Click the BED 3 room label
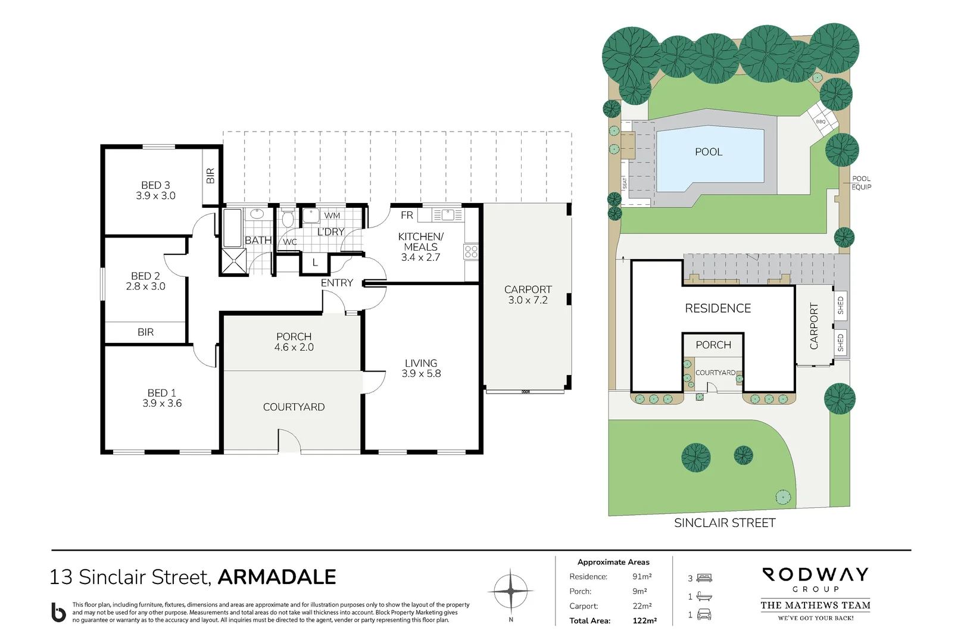(x=155, y=185)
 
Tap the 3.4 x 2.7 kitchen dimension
(x=420, y=258)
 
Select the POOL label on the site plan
(x=709, y=152)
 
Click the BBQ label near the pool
(x=821, y=121)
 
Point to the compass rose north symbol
(x=511, y=591)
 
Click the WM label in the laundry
(x=332, y=216)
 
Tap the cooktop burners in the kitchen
(x=471, y=251)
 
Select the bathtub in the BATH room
(x=232, y=227)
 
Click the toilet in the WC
(x=288, y=219)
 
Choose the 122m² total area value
(x=644, y=620)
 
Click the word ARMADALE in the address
(x=277, y=577)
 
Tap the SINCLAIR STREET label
(x=725, y=523)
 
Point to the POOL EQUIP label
(x=861, y=183)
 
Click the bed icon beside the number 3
(x=704, y=578)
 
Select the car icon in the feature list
(x=704, y=614)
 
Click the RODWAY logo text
(x=815, y=575)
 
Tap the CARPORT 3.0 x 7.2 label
(x=528, y=295)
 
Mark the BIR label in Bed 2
(x=145, y=332)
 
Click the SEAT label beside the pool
(x=625, y=183)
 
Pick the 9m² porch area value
(x=640, y=591)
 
